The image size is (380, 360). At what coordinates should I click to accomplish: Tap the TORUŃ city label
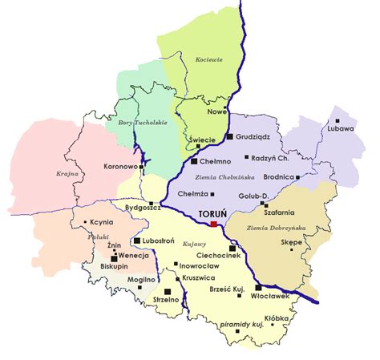(x=212, y=214)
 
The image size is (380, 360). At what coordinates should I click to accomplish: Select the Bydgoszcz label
(x=144, y=208)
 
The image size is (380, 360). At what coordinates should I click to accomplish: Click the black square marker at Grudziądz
(x=229, y=137)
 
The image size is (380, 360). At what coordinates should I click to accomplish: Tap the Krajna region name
(x=44, y=172)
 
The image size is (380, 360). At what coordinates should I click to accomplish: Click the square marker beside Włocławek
(x=258, y=288)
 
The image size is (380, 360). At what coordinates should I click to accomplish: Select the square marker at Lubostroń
(x=137, y=241)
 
